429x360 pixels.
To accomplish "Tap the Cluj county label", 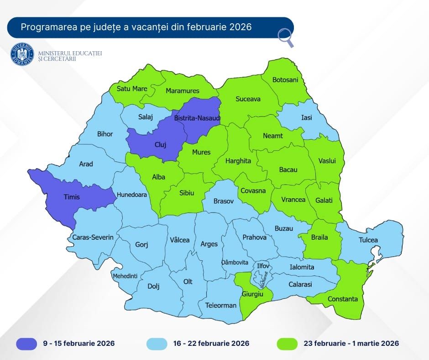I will coord(160,144).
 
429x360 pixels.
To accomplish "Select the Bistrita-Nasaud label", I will coord(197,118).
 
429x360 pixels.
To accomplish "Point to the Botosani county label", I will coord(285,80).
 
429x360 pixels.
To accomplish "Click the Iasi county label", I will coord(307,117).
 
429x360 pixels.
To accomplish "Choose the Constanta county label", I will coord(343,299).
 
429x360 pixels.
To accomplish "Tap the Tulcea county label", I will coord(368,240).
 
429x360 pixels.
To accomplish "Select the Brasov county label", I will coord(224,201).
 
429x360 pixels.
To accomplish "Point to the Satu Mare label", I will coord(132,89).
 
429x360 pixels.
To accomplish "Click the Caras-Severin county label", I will coord(93,238).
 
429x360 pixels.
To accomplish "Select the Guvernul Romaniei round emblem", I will coord(23,54).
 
